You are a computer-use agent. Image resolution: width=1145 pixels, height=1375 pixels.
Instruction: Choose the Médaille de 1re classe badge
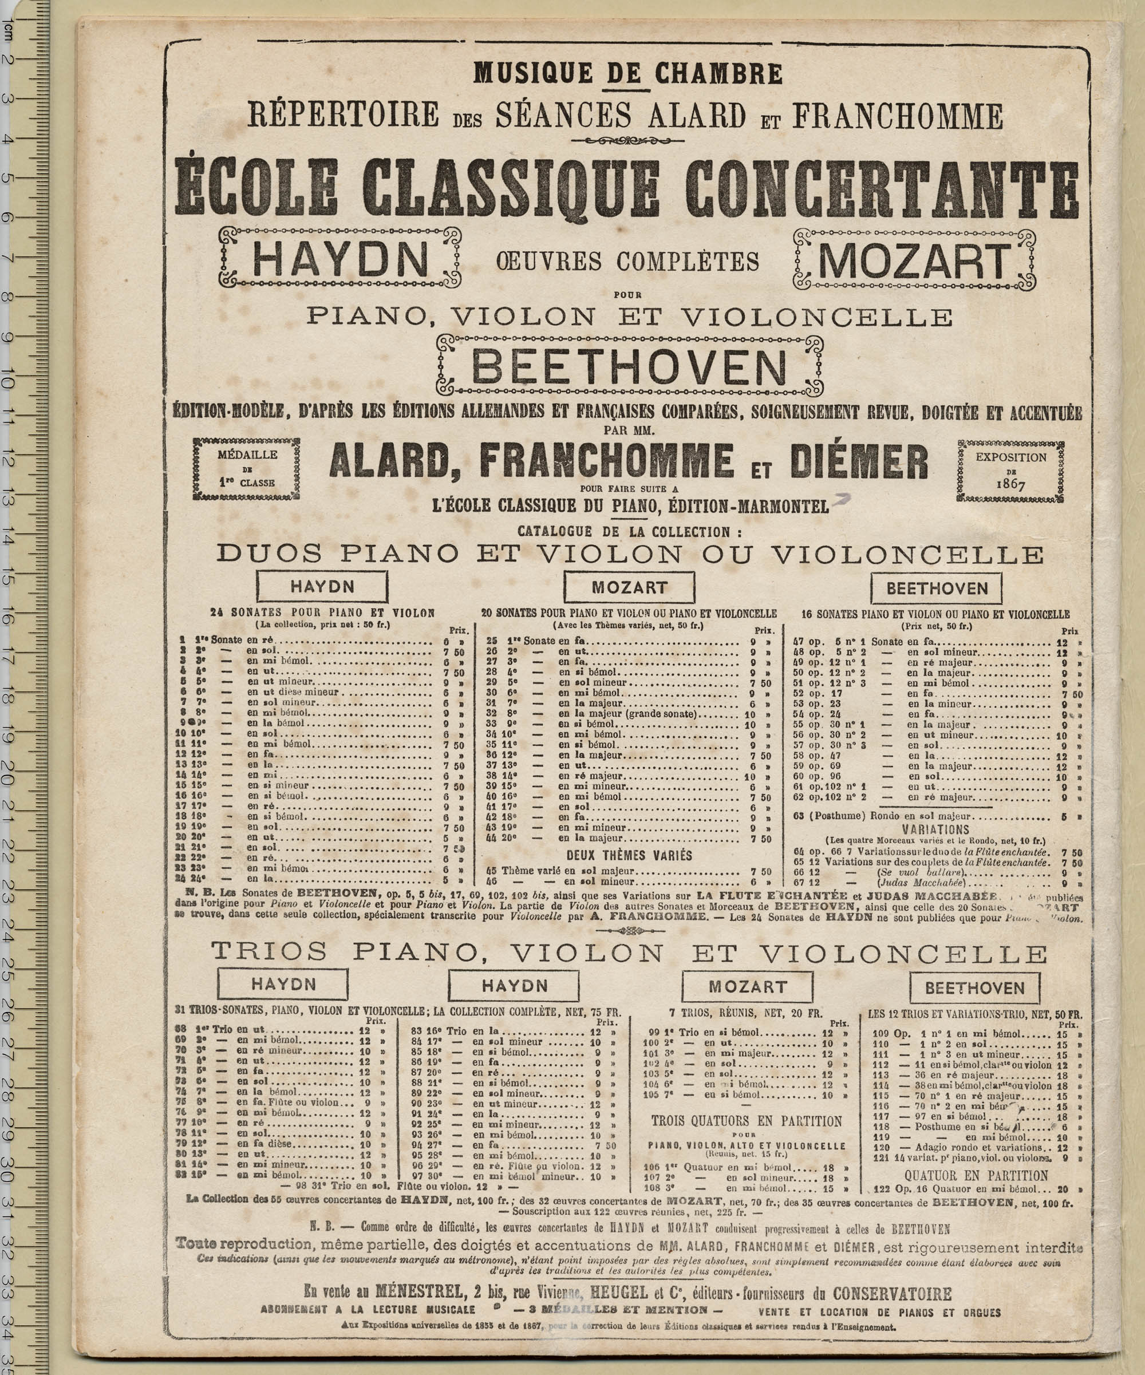[x=247, y=469]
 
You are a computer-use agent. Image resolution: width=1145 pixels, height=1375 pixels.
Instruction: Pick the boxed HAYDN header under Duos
[x=322, y=586]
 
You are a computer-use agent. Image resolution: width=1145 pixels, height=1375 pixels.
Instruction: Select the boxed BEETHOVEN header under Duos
[x=936, y=588]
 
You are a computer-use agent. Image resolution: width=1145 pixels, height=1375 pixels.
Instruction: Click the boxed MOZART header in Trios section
[x=747, y=986]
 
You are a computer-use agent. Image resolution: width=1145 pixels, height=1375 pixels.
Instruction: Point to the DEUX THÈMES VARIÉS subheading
[x=629, y=855]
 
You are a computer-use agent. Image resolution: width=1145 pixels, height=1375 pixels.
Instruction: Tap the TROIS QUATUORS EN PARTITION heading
[x=747, y=1121]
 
